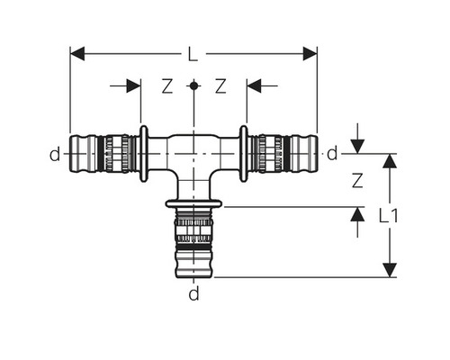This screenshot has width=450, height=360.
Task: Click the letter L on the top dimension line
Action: pos(193,54)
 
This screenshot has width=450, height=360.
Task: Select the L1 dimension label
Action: pos(389,216)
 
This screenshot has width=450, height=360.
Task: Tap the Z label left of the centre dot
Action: pos(167,86)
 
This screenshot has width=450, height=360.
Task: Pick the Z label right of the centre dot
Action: pos(220,86)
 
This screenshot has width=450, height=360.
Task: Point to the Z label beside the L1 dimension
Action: pos(357,181)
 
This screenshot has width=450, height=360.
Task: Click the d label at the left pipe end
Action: pos(55,154)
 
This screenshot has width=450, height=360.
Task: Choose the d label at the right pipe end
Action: pos(332,154)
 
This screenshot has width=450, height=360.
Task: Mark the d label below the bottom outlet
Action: pos(193,293)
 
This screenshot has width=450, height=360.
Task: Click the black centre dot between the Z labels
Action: pos(193,86)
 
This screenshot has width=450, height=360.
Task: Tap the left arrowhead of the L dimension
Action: pos(77,54)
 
